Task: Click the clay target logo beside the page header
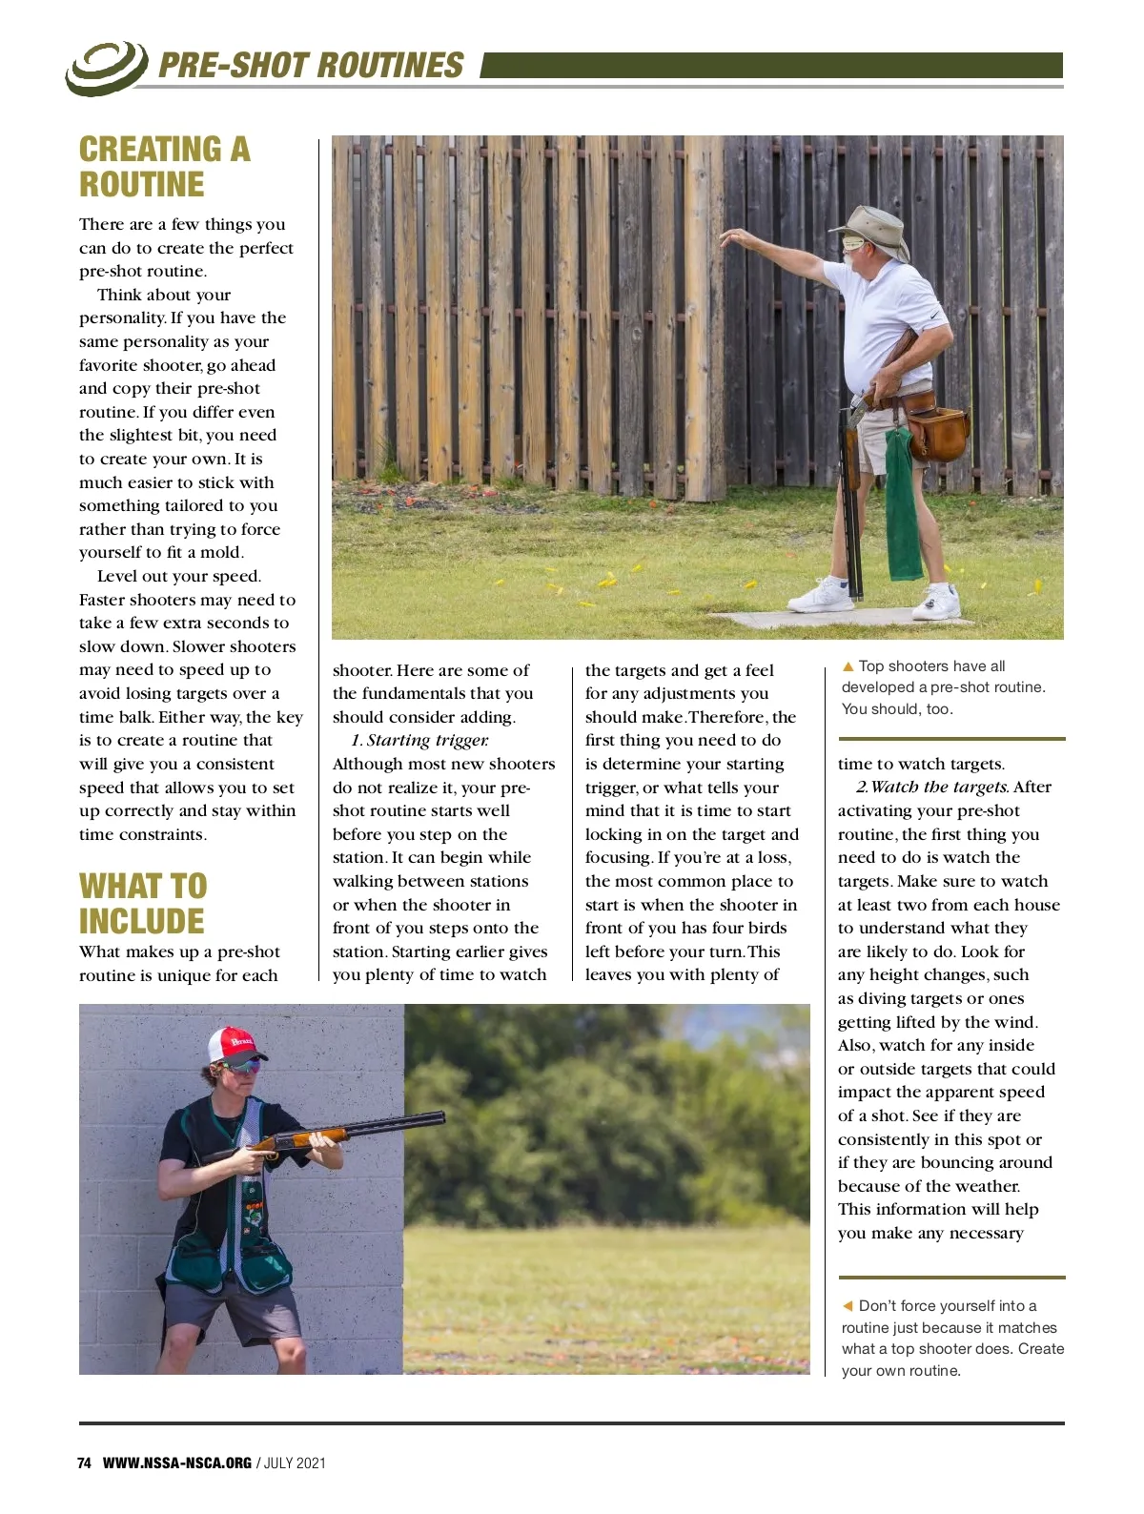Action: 106,67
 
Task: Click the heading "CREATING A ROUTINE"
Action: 164,167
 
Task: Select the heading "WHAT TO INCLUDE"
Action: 143,903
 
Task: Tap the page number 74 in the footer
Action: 84,1463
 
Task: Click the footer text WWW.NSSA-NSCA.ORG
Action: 177,1463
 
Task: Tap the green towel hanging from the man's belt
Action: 903,505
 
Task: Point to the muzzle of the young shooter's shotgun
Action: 439,1117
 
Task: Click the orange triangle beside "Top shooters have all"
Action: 848,666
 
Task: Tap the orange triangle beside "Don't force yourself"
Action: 848,1306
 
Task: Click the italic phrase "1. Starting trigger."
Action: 419,740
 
